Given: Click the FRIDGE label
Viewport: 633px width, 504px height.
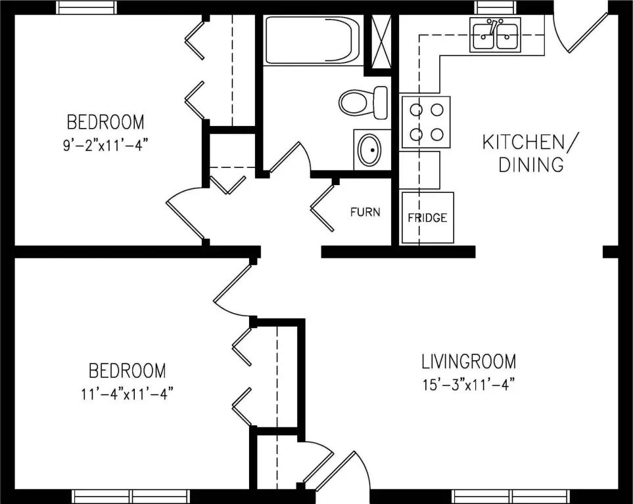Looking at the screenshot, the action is [427, 218].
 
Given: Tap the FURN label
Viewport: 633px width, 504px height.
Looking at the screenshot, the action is [365, 212].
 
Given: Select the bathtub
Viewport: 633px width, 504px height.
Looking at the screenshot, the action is [312, 40].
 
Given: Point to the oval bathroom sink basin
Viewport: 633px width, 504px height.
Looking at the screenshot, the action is [370, 150].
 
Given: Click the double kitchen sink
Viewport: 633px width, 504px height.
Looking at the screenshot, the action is [495, 35].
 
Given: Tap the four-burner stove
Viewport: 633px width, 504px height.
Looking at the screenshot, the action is [425, 122].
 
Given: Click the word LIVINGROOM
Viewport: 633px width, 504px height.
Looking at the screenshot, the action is [469, 362].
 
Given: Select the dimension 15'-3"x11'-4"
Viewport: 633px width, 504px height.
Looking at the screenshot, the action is [469, 385].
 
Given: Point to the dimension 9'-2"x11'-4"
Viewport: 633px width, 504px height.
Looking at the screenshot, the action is [103, 145].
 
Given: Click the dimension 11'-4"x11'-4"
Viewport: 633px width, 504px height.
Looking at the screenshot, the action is [127, 393].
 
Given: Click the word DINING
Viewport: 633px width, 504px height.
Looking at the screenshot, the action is [531, 165].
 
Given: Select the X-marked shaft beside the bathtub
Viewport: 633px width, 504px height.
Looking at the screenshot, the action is [381, 42].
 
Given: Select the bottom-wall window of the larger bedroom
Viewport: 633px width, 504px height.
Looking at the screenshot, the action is [132, 496].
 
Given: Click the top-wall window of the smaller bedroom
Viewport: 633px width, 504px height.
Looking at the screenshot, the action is [86, 7].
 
